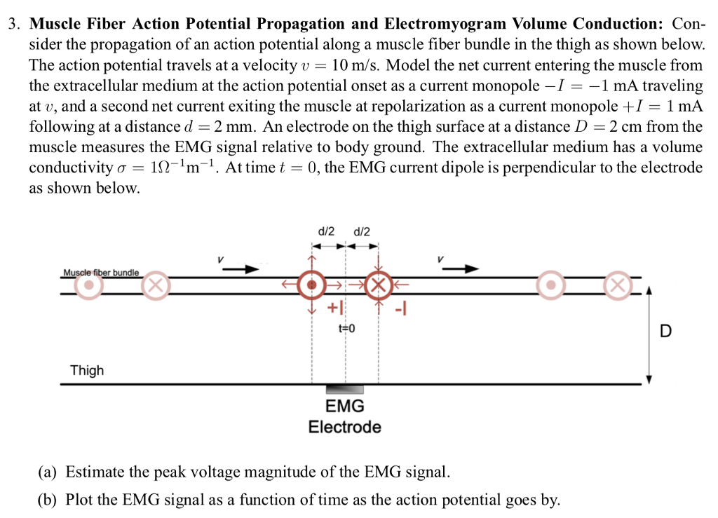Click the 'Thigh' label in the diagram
coord(87,370)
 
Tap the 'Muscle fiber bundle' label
coord(101,272)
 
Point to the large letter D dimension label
coord(665,331)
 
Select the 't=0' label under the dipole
coord(346,328)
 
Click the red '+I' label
coord(336,307)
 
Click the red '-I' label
coord(402,306)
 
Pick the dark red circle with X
coord(379,285)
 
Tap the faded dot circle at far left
coord(88,285)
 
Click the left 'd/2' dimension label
coord(327,231)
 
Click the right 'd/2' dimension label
coord(362,231)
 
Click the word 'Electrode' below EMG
coord(345,427)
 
